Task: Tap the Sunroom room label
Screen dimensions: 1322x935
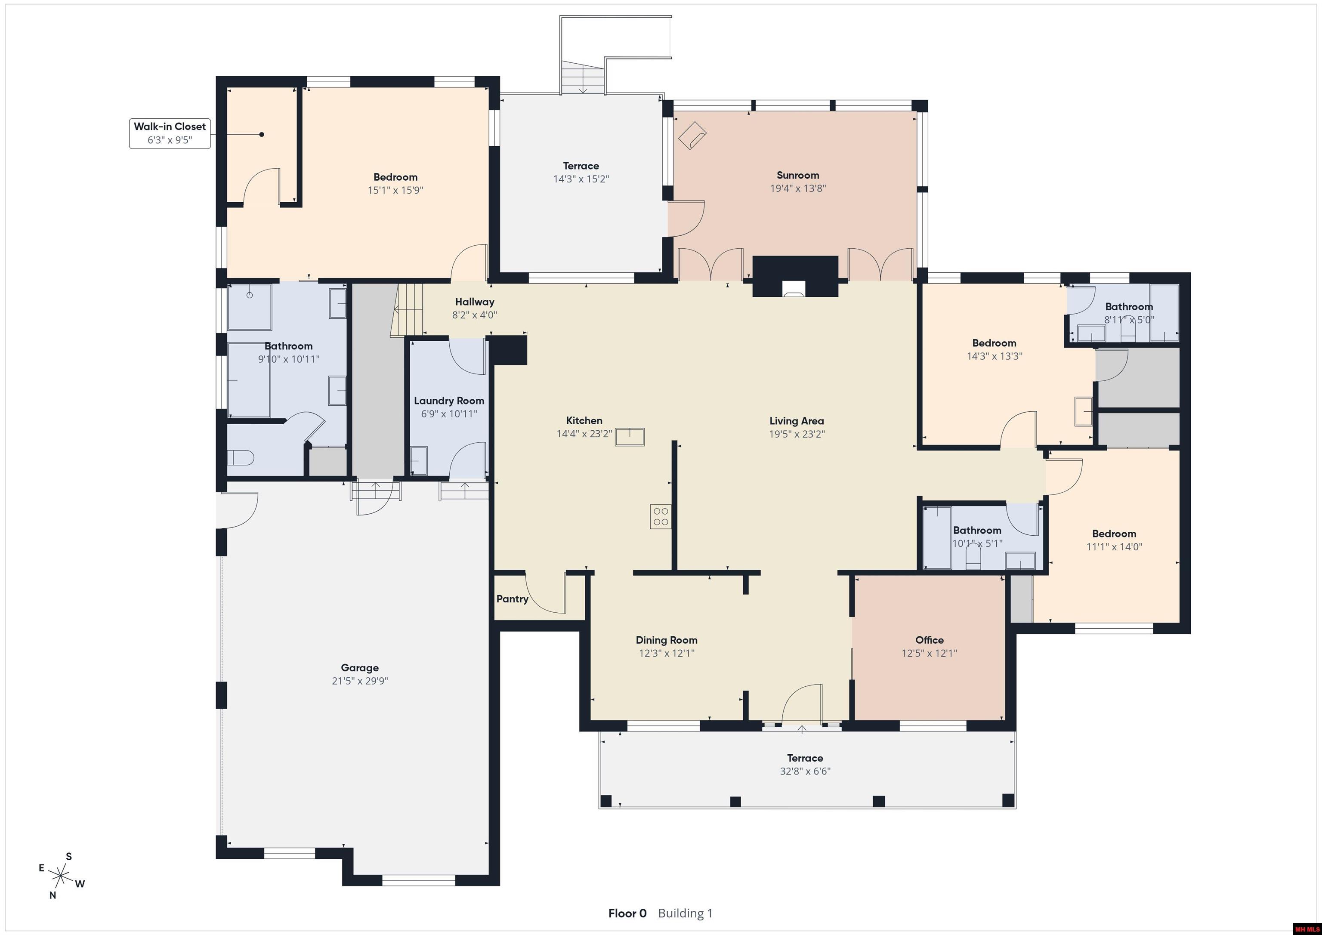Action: coord(797,175)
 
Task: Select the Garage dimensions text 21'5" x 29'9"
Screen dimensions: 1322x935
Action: coord(360,681)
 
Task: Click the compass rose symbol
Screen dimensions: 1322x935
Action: coord(60,876)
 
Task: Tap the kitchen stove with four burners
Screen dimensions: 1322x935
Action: coord(661,516)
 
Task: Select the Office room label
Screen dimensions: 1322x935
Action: coord(929,640)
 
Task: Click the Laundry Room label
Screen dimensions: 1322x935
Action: coord(449,401)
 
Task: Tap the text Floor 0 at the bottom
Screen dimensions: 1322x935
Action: coord(627,913)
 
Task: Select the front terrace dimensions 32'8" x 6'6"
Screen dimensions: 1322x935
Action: coord(805,771)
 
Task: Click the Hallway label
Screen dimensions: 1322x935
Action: coord(474,302)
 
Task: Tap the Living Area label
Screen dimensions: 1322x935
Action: coord(797,421)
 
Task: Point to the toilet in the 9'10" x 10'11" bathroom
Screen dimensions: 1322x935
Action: coord(241,458)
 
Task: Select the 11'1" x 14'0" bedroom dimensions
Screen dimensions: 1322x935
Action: coord(1114,547)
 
